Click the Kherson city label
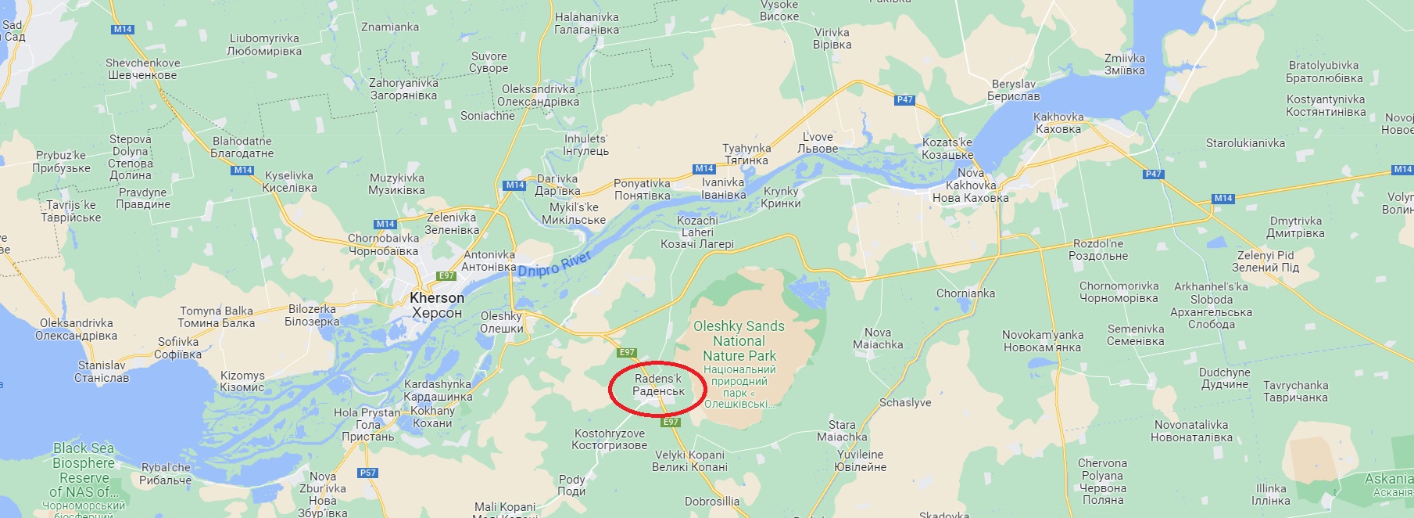pos(437,305)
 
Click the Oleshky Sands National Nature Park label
pos(739,341)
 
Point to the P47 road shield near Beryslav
pos(904,99)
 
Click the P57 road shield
pos(367,473)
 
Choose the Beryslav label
pos(1013,90)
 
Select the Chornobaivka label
pos(383,244)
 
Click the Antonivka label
pos(489,261)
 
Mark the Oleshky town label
pos(501,322)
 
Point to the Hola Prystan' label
pos(367,424)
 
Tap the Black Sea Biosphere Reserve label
pos(84,469)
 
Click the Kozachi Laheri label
pos(697,232)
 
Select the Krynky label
pos(781,197)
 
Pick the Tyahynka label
pos(746,154)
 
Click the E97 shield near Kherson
pos(446,275)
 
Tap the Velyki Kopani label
pos(689,461)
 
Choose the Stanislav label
pos(102,372)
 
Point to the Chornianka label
pos(965,293)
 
